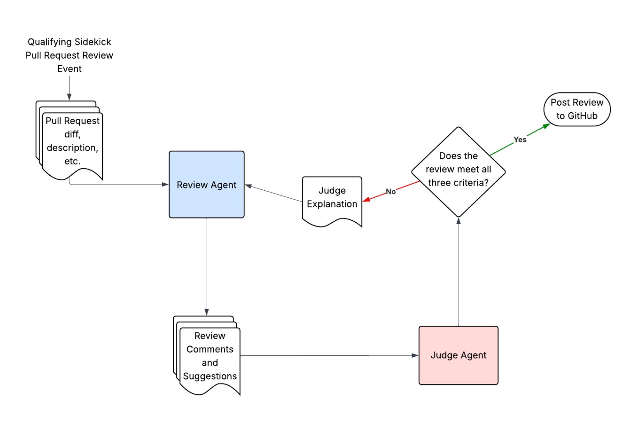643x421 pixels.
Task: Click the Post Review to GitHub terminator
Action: (577, 109)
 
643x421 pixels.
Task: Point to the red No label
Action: (391, 192)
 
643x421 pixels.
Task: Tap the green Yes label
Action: (520, 140)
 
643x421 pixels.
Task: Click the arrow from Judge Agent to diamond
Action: (459, 273)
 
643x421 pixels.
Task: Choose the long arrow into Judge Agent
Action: (330, 355)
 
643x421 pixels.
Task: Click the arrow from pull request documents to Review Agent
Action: (119, 185)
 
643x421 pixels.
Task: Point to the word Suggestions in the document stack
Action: (210, 376)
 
